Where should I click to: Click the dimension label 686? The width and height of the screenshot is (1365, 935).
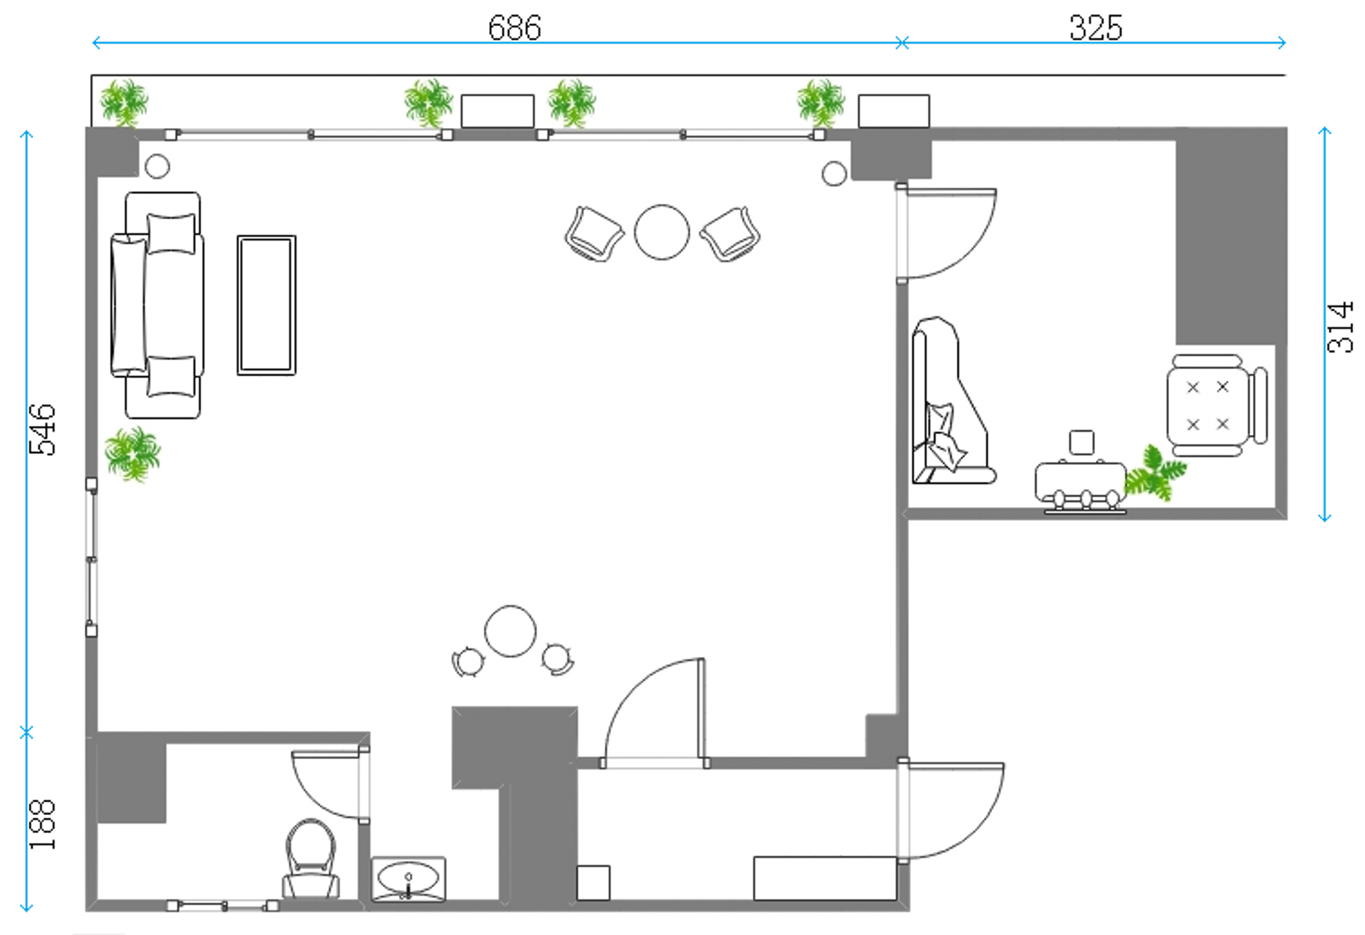(514, 28)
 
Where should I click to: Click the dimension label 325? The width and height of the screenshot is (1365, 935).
(1096, 28)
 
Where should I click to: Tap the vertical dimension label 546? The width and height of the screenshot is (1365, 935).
(43, 429)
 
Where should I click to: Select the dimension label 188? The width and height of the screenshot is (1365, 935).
(43, 824)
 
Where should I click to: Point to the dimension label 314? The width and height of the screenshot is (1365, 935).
(1340, 327)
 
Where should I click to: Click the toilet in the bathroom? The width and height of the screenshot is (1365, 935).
(311, 858)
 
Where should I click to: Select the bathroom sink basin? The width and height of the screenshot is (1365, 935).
(408, 879)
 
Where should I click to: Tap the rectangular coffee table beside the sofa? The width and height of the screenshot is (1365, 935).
(267, 305)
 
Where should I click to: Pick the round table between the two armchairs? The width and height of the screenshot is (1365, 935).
(662, 232)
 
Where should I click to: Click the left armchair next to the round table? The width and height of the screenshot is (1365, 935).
(594, 233)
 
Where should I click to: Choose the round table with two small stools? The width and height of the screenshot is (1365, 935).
(511, 631)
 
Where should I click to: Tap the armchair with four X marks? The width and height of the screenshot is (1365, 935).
(1216, 405)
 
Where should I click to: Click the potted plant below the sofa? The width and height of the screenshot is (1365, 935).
(133, 454)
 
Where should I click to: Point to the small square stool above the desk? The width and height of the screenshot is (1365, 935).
(1081, 442)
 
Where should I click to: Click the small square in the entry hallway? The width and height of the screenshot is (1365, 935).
(593, 883)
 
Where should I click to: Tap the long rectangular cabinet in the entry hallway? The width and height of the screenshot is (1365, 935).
(825, 878)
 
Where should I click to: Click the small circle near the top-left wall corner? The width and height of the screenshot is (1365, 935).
(157, 166)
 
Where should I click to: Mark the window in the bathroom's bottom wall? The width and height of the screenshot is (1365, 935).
(223, 906)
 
